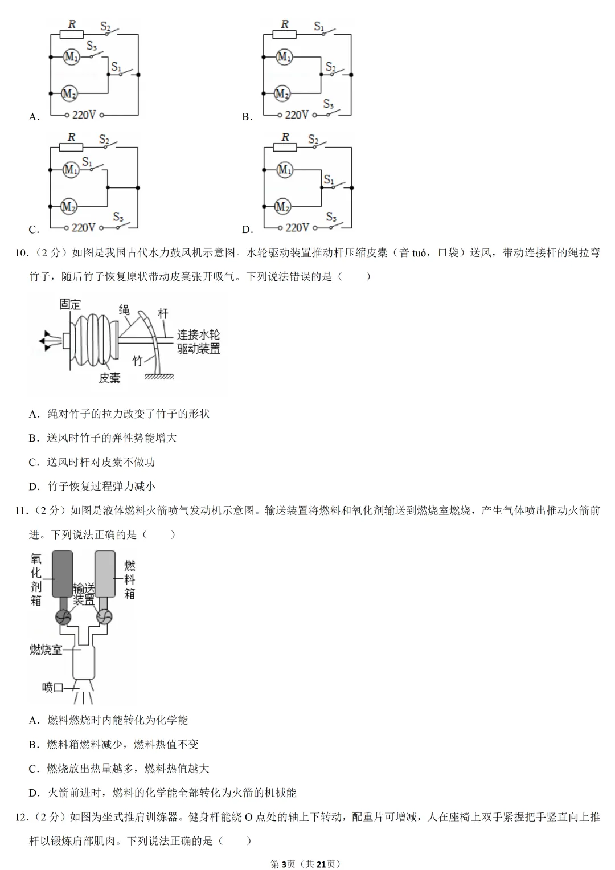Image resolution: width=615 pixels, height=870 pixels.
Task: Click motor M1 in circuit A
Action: pos(71,56)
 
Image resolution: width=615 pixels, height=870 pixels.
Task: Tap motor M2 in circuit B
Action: pos(282,93)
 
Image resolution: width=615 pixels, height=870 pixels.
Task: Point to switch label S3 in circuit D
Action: pos(331,217)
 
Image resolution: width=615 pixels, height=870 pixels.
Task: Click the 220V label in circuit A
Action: pos(84,115)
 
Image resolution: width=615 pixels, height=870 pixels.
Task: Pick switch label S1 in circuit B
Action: pos(319,26)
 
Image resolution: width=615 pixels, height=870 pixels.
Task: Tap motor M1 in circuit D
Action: pos(284,170)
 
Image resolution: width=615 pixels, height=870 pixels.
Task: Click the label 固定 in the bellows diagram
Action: pos(71,304)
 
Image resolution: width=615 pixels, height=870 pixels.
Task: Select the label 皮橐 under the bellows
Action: pos(109,378)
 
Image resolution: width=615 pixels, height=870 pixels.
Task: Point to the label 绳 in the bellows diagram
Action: pos(124,309)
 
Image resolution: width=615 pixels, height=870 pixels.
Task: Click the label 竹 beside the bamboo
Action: pos(138,361)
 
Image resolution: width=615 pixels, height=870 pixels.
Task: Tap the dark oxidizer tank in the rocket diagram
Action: pos(62,573)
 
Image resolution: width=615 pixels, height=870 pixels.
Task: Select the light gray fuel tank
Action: pos(105,573)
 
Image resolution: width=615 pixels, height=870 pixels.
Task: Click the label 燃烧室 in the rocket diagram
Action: pos(46,650)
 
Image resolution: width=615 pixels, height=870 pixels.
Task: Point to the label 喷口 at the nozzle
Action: pos(52,688)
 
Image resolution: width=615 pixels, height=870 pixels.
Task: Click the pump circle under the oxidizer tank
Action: pos(63,617)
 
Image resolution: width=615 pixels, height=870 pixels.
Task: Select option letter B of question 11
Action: pos(33,745)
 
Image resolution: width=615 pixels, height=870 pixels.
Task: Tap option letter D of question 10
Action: pos(34,487)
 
